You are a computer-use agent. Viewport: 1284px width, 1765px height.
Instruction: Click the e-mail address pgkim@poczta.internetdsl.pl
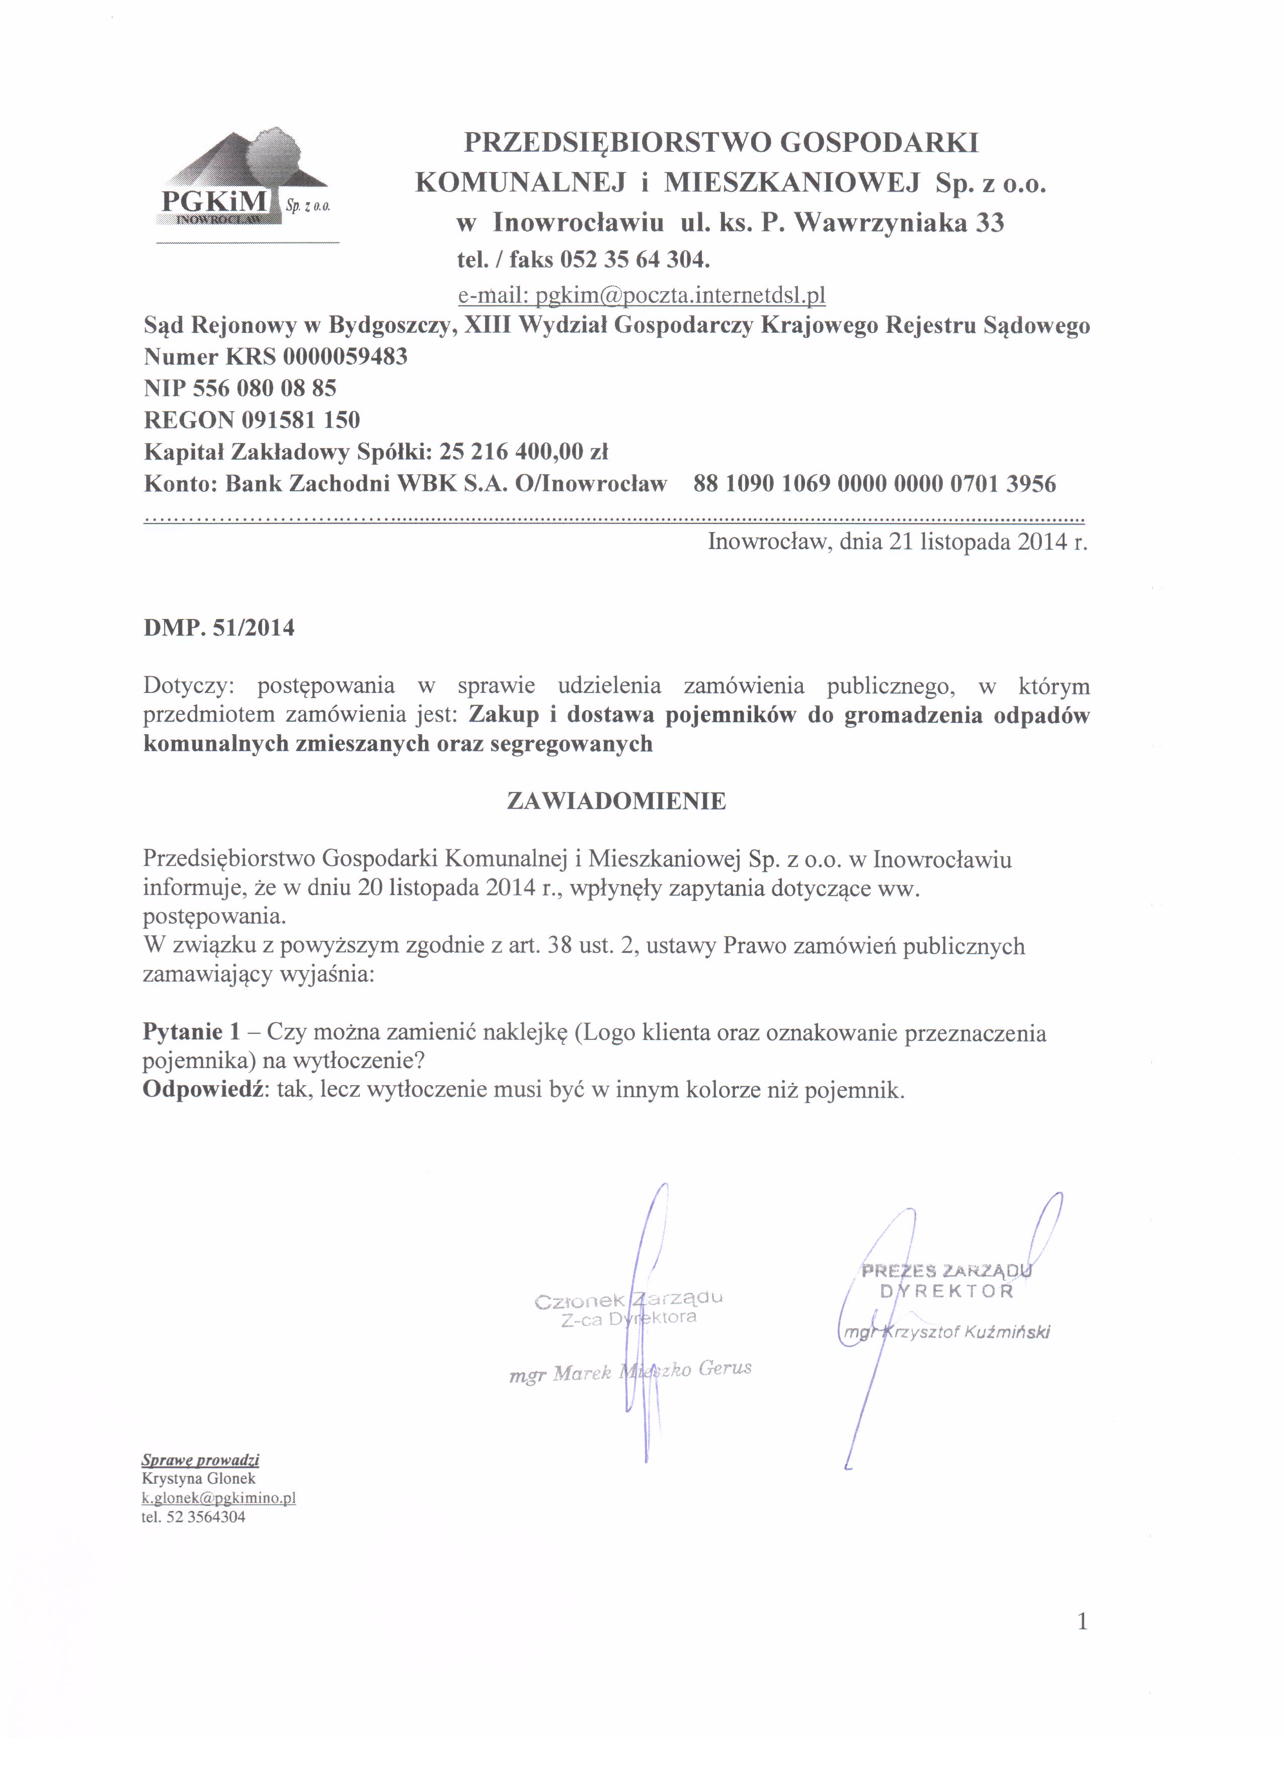(641, 295)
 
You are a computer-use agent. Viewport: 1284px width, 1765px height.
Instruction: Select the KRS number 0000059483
(346, 357)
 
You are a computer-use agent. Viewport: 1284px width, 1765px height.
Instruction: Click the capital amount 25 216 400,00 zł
(523, 452)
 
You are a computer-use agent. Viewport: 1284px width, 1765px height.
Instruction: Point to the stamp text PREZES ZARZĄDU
(946, 1271)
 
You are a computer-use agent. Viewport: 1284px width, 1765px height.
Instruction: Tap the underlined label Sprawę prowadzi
(200, 1459)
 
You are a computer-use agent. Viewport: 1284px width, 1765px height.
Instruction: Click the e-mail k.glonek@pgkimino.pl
(218, 1497)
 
